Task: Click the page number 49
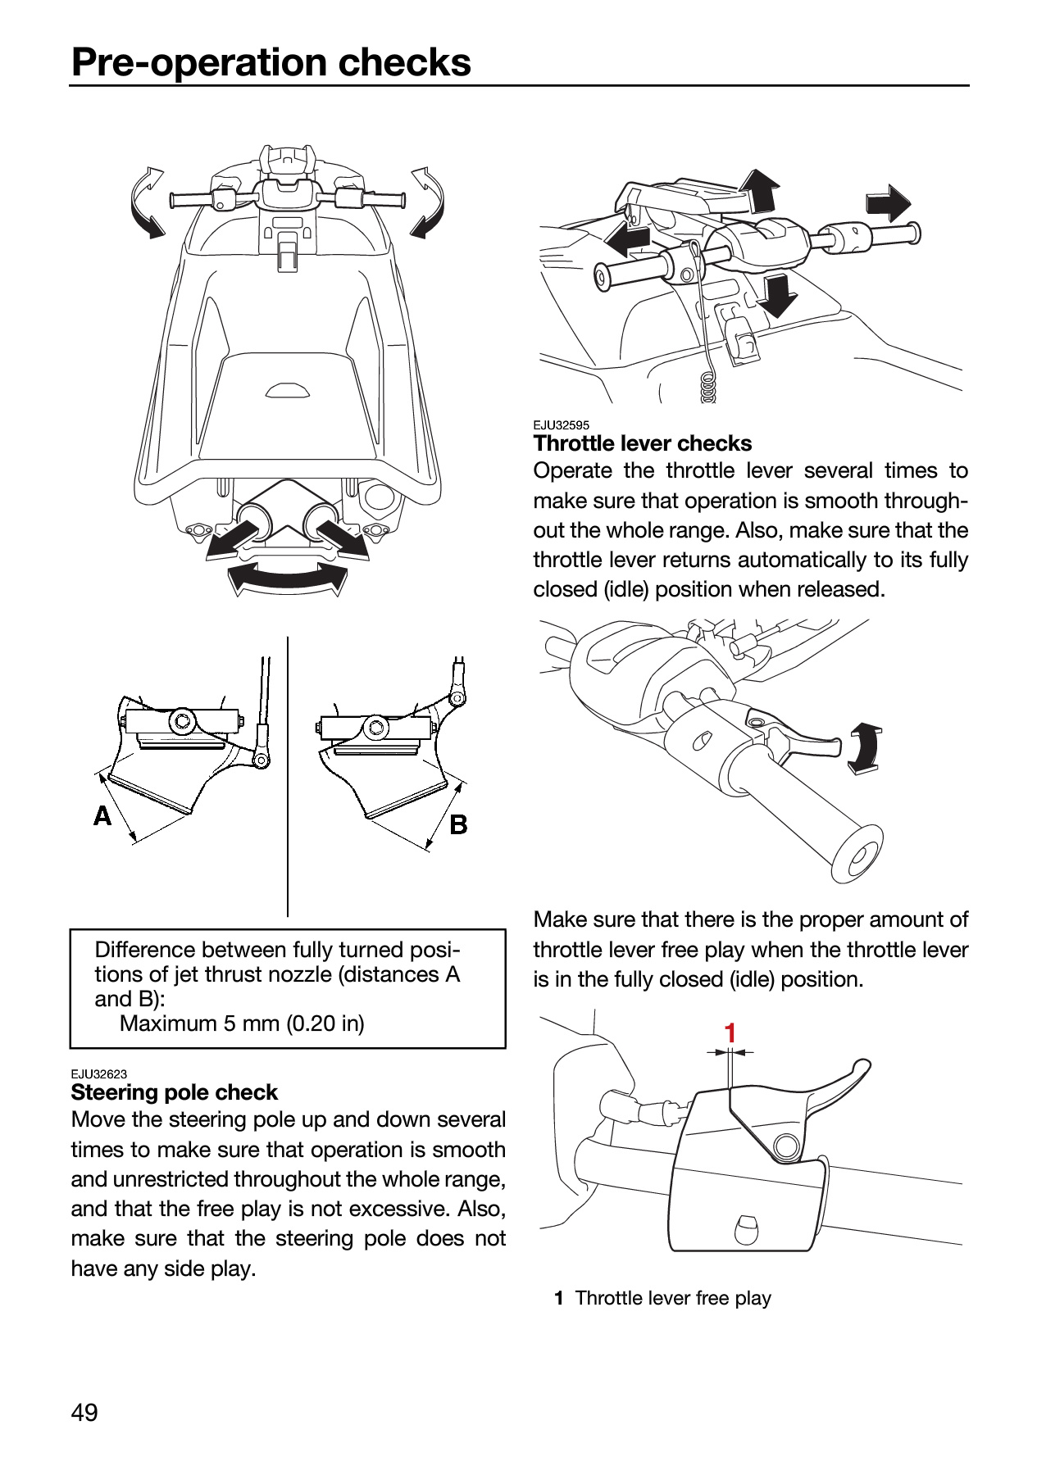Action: click(x=84, y=1412)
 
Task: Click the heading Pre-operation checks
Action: click(x=271, y=62)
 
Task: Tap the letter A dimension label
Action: click(x=102, y=816)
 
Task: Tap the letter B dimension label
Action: click(x=459, y=824)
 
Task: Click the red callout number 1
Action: click(x=730, y=1033)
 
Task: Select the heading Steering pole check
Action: click(x=175, y=1092)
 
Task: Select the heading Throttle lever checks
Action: click(x=643, y=443)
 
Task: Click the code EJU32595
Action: click(x=561, y=425)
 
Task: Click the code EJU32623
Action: click(x=98, y=1074)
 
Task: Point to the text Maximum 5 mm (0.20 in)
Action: click(x=242, y=1023)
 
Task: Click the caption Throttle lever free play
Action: click(x=673, y=1298)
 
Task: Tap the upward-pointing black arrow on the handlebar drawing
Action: click(x=762, y=190)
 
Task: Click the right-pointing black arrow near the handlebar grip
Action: click(x=888, y=203)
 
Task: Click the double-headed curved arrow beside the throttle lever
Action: click(x=865, y=748)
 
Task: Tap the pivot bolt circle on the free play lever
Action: click(x=786, y=1146)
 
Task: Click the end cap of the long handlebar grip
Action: click(x=860, y=855)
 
